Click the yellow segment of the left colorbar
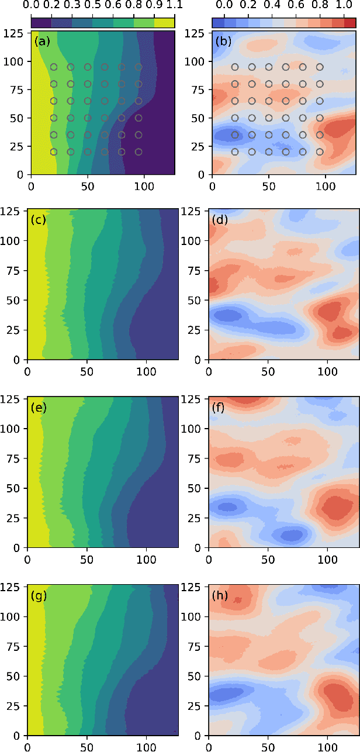point(165,23)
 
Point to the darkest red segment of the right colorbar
point(349,23)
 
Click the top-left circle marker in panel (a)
point(54,67)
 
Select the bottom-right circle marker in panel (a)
point(139,151)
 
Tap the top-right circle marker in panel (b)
point(320,67)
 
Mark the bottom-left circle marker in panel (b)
point(235,151)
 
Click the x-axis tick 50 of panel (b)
point(268,184)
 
